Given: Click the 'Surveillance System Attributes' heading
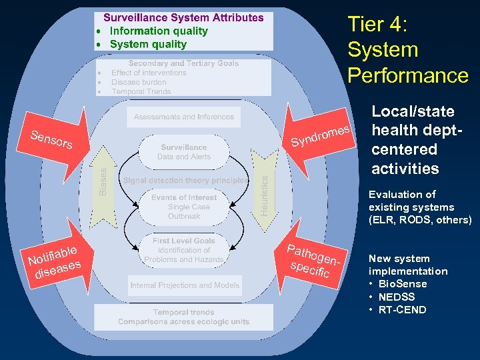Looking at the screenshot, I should (x=183, y=18).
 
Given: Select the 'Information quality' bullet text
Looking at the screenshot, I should (x=159, y=31).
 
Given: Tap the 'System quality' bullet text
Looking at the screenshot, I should (x=148, y=45).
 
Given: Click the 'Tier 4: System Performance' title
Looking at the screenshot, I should (x=407, y=50).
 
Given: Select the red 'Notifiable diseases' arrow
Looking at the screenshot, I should (x=57, y=260).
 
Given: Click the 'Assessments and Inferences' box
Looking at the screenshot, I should (x=184, y=117).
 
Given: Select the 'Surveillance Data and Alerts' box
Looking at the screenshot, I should (x=184, y=152).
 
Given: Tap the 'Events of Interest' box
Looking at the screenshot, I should (x=184, y=207).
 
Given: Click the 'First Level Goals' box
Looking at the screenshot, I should (x=184, y=250).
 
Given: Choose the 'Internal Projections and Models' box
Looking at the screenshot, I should (x=185, y=285).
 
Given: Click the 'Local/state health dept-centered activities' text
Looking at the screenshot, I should (x=413, y=140).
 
